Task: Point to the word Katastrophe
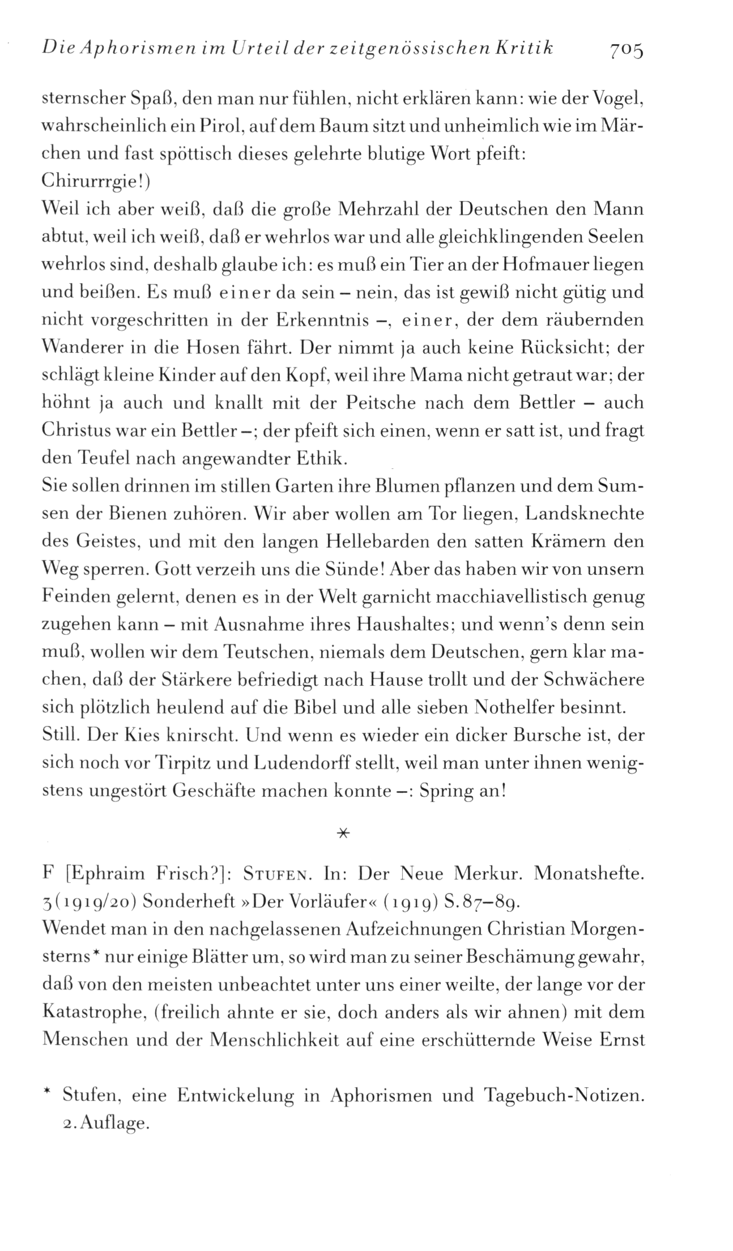pyautogui.click(x=93, y=1013)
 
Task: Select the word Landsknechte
pyautogui.click(x=585, y=514)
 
